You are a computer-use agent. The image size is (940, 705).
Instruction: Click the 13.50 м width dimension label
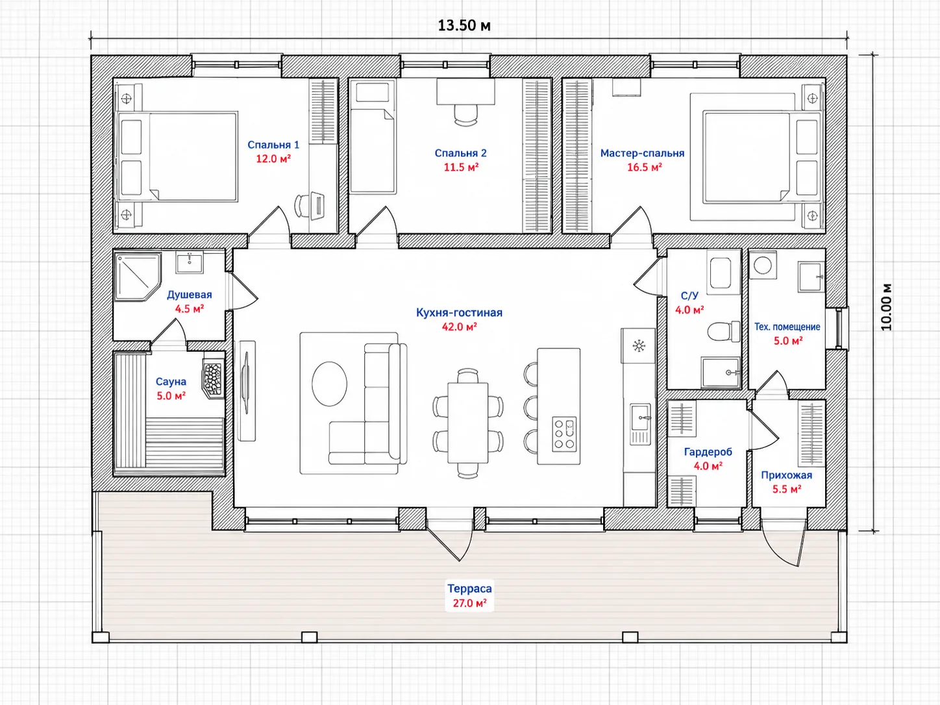pyautogui.click(x=464, y=26)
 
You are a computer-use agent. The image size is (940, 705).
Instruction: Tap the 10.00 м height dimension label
pyautogui.click(x=886, y=307)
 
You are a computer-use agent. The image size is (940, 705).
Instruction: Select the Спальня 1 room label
pyautogui.click(x=273, y=145)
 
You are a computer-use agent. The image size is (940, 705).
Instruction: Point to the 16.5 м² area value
pyautogui.click(x=645, y=167)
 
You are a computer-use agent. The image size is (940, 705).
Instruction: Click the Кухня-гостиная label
pyautogui.click(x=459, y=312)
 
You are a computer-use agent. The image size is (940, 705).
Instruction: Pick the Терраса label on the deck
pyautogui.click(x=470, y=589)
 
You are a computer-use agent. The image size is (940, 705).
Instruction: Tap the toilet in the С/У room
pyautogui.click(x=723, y=331)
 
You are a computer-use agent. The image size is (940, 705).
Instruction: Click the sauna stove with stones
pyautogui.click(x=214, y=376)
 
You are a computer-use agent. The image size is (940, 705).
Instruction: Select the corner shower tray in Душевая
pyautogui.click(x=138, y=276)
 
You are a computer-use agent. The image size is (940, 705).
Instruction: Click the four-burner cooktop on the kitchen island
pyautogui.click(x=564, y=434)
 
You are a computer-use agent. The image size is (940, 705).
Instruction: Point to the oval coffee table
pyautogui.click(x=329, y=384)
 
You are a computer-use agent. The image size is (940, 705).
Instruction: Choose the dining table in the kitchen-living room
pyautogui.click(x=467, y=423)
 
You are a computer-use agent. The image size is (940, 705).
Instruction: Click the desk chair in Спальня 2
pyautogui.click(x=465, y=115)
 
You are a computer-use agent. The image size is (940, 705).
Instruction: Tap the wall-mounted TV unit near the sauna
pyautogui.click(x=247, y=391)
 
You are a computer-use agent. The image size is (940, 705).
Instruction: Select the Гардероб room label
pyautogui.click(x=708, y=452)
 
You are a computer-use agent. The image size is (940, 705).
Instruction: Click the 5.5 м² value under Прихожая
pyautogui.click(x=787, y=489)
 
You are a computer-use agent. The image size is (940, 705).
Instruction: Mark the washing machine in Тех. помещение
pyautogui.click(x=763, y=265)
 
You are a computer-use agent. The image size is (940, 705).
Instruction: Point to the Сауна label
pyautogui.click(x=171, y=382)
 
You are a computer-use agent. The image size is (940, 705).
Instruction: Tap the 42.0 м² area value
pyautogui.click(x=460, y=327)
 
